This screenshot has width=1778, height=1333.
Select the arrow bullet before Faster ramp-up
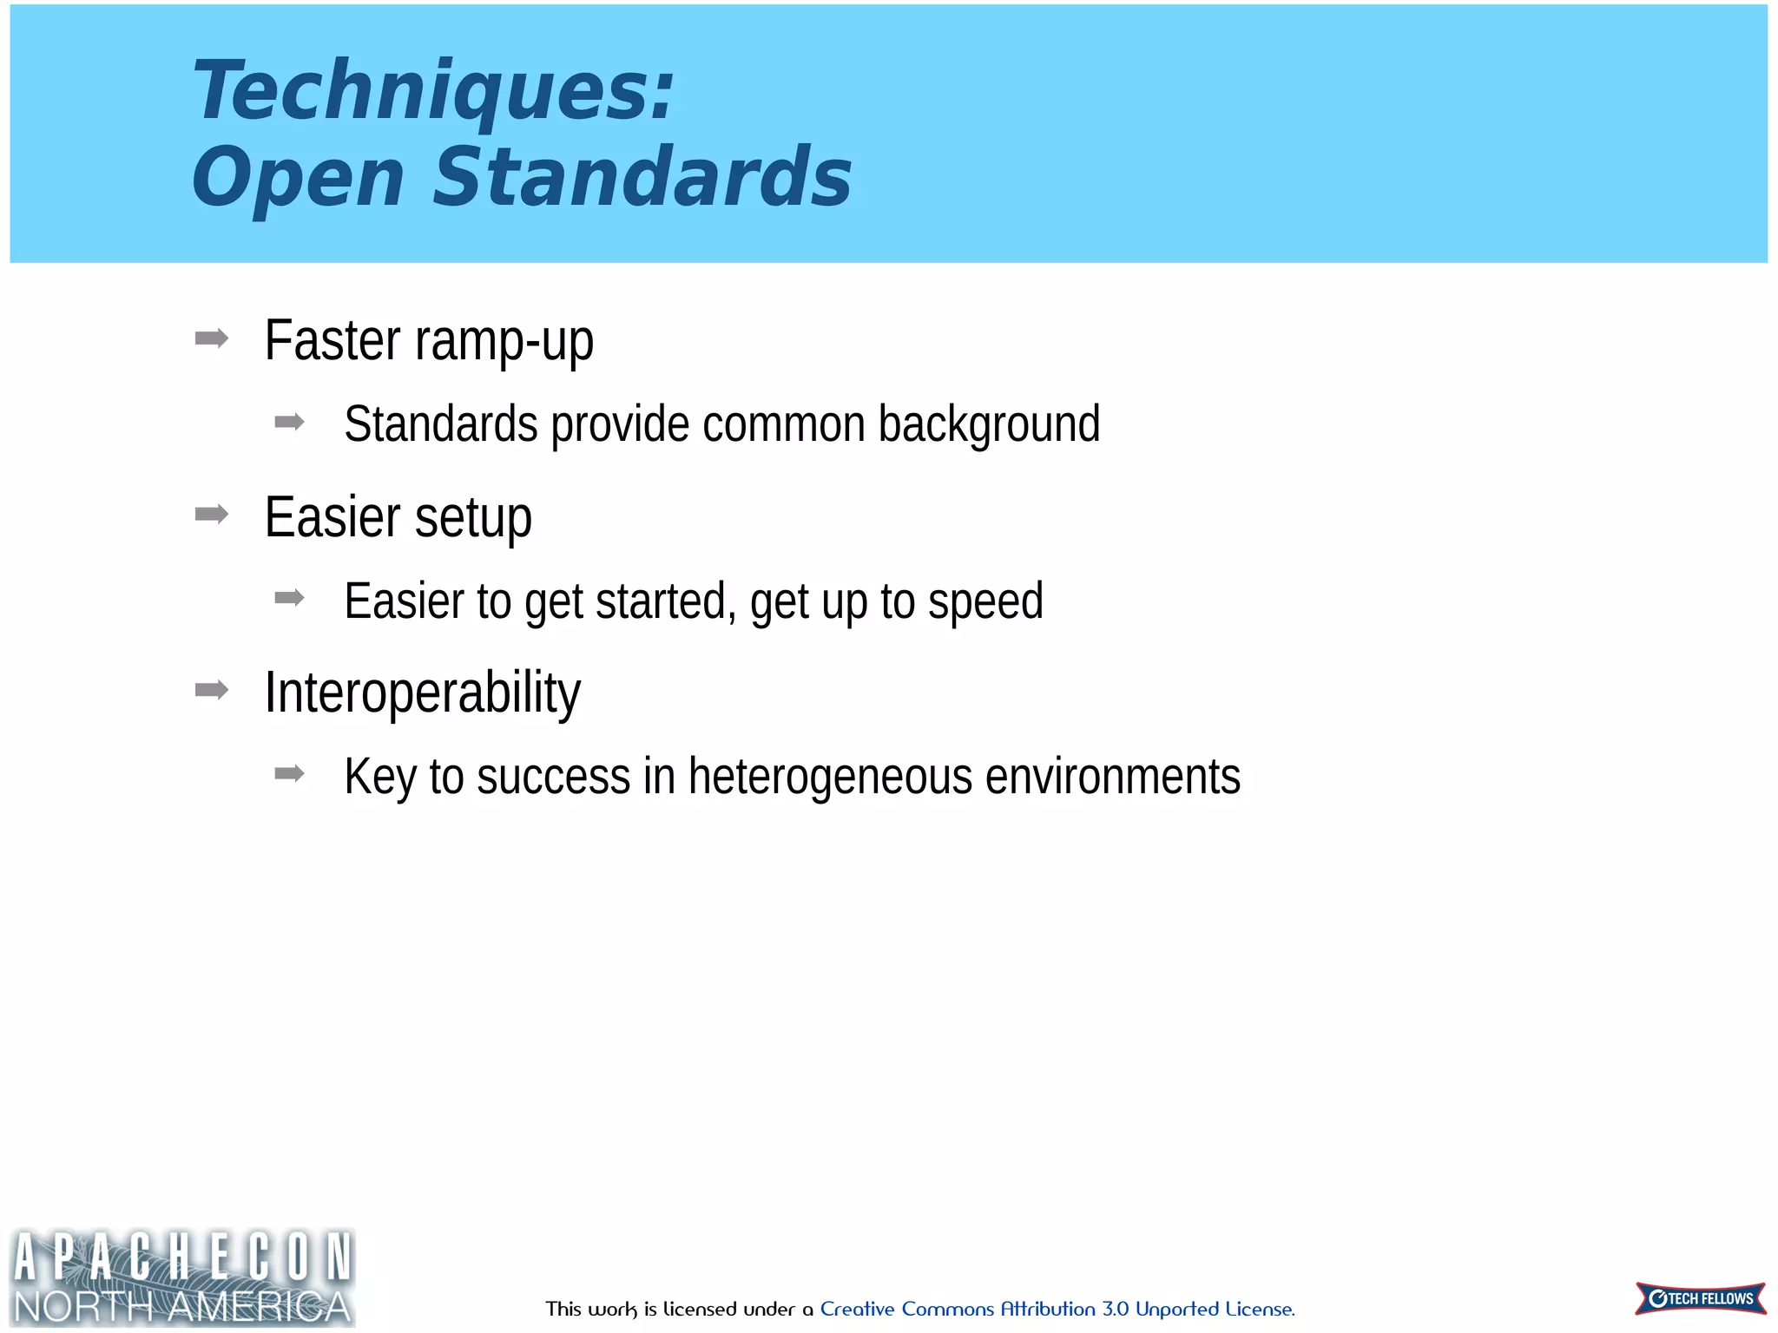click(x=212, y=338)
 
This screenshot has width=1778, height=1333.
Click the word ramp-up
click(x=504, y=341)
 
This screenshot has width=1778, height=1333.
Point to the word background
click(x=989, y=424)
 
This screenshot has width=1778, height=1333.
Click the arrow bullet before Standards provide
click(x=289, y=423)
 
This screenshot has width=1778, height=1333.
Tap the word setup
click(x=473, y=517)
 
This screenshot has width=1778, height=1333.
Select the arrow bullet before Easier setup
click(x=212, y=515)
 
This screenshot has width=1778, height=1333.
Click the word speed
click(x=985, y=601)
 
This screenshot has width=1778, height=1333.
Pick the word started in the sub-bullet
click(x=665, y=601)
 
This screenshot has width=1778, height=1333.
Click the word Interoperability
click(x=422, y=693)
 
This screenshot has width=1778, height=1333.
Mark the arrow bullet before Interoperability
click(x=212, y=691)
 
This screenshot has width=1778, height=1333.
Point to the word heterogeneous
click(x=830, y=776)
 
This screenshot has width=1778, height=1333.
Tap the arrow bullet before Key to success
click(x=289, y=773)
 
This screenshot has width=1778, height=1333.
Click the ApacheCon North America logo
click(x=182, y=1277)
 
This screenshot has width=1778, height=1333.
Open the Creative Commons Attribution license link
click(x=1057, y=1309)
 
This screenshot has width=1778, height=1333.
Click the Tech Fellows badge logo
click(x=1700, y=1298)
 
